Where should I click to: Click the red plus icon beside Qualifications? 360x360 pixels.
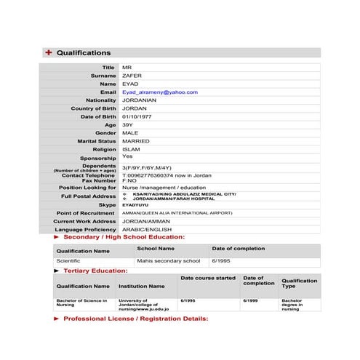[49, 52]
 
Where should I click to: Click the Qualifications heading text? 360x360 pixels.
[84, 52]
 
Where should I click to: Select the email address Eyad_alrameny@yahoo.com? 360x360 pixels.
[159, 92]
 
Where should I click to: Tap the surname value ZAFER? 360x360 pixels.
[132, 76]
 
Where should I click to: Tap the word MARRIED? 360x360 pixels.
[136, 141]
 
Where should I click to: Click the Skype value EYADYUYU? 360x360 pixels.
[135, 205]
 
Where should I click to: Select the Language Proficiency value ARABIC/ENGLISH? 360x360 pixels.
[146, 229]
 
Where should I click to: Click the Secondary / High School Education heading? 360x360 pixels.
[124, 237]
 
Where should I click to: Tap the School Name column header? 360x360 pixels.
[156, 248]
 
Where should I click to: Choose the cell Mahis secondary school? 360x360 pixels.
[168, 260]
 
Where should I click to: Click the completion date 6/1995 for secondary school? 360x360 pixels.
[220, 260]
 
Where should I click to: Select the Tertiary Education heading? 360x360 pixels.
[95, 270]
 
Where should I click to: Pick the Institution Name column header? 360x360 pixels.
[142, 286]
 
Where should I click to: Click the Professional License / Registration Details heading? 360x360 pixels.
[135, 319]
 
